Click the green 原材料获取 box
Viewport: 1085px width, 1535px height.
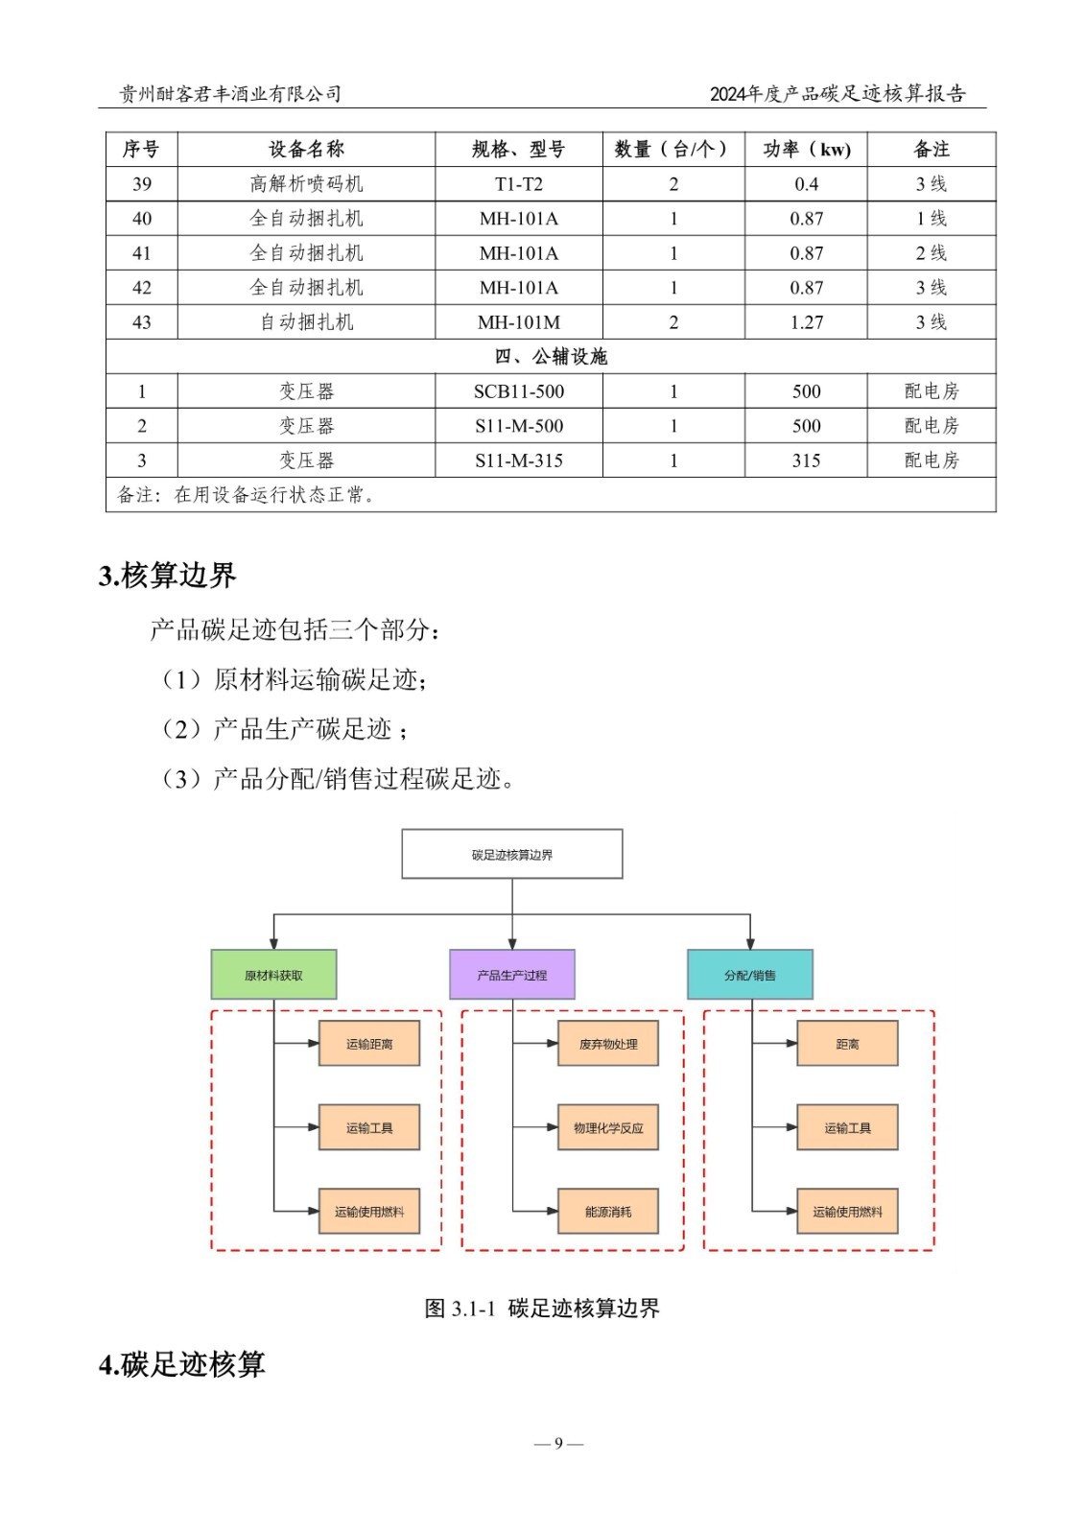click(273, 975)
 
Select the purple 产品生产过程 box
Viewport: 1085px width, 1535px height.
click(511, 975)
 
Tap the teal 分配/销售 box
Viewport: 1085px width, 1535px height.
click(749, 975)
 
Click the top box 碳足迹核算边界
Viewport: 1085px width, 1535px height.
click(511, 854)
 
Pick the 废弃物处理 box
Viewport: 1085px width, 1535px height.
click(608, 1044)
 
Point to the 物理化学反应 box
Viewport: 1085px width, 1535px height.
click(608, 1127)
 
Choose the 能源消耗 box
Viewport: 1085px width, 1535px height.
click(608, 1212)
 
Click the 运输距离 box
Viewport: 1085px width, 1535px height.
click(369, 1044)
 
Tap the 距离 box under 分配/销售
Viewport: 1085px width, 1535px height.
click(847, 1044)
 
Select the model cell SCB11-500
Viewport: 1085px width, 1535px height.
click(519, 391)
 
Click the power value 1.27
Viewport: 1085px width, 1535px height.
click(806, 322)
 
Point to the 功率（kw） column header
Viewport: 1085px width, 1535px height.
click(806, 150)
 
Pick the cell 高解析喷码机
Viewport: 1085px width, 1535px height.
click(306, 184)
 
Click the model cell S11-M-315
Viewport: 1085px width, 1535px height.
click(519, 460)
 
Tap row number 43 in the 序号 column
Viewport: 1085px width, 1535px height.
click(142, 322)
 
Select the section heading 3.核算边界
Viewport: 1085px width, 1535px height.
click(167, 576)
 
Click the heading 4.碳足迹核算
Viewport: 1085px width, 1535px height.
click(181, 1363)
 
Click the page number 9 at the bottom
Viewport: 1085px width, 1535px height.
click(558, 1443)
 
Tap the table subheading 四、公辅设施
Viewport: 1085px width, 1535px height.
click(551, 357)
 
